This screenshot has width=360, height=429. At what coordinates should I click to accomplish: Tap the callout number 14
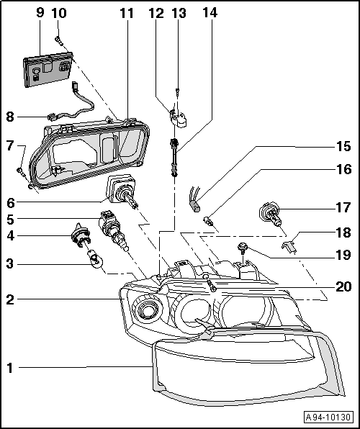209,12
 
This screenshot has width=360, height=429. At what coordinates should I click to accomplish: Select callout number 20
343,286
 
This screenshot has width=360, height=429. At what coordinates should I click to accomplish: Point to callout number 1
10,368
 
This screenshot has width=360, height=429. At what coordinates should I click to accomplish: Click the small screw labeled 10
60,42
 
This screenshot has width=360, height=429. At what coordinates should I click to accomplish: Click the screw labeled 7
22,171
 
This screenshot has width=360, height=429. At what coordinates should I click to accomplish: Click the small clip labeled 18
290,247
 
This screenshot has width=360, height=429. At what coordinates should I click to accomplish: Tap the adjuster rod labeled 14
174,155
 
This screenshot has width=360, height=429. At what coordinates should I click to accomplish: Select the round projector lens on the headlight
149,312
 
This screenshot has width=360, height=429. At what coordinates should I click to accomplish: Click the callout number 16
343,170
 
